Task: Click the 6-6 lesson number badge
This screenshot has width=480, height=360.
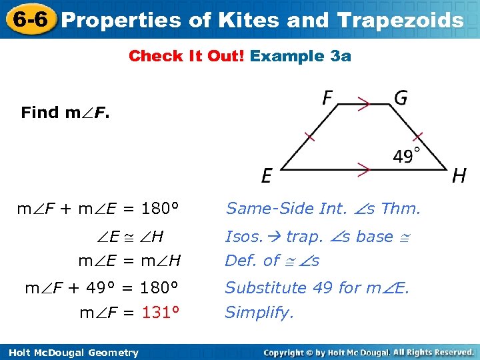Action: point(28,19)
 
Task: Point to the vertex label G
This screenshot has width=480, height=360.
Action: point(401,99)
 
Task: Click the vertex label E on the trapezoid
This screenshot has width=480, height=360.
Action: point(267,176)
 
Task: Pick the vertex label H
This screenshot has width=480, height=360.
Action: point(459,176)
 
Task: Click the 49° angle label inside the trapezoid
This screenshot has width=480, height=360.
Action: point(407,157)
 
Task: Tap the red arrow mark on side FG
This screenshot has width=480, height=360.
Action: point(363,104)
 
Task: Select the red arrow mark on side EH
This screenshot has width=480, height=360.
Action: point(363,170)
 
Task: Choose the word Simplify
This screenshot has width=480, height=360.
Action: point(259,313)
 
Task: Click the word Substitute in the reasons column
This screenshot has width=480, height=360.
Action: point(259,287)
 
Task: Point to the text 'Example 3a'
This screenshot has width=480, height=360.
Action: point(300,56)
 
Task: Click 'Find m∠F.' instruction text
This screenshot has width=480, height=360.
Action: point(65,112)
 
